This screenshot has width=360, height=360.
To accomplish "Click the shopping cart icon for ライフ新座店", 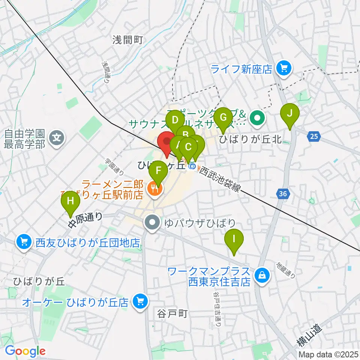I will (282, 68).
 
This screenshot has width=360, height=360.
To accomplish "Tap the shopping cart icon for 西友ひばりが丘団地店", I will (24, 241).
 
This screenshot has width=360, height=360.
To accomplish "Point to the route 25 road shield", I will (315, 137).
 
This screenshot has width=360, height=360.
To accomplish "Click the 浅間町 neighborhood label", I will (127, 40).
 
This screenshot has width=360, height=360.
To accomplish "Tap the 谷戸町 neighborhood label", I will (172, 313).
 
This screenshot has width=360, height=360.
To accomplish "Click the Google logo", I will (25, 351).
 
